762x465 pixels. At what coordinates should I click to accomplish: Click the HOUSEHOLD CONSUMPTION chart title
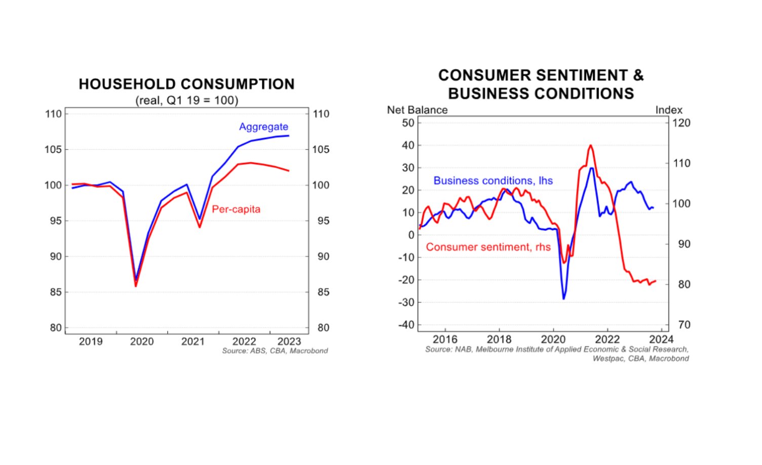[x=186, y=84]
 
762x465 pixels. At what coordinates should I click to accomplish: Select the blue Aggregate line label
[x=263, y=126]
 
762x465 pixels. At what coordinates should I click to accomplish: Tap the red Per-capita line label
[x=236, y=209]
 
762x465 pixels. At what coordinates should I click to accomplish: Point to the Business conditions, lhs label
[x=493, y=181]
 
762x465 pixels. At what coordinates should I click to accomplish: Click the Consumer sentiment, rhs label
[x=488, y=247]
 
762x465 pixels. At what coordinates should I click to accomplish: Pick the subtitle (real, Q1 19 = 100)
[x=186, y=100]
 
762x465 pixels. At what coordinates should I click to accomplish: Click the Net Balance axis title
[x=417, y=110]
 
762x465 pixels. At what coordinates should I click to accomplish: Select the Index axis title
[x=668, y=110]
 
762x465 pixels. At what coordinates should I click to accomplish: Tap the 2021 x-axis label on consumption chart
[x=193, y=342]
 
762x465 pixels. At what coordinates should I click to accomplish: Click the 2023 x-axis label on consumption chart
[x=289, y=342]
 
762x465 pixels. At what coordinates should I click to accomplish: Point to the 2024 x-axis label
[x=661, y=339]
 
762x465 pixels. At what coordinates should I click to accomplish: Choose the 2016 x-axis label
[x=445, y=339]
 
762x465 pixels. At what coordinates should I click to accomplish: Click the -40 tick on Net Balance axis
[x=406, y=325]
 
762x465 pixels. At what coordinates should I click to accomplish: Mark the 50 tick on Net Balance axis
[x=408, y=123]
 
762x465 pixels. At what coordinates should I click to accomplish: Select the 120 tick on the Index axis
[x=681, y=123]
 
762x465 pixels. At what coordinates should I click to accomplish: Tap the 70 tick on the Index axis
[x=684, y=325]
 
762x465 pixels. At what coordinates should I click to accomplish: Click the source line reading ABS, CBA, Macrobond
[x=275, y=351]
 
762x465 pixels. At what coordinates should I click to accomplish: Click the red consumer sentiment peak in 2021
[x=590, y=146]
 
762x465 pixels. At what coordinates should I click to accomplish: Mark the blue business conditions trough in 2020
[x=564, y=299]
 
